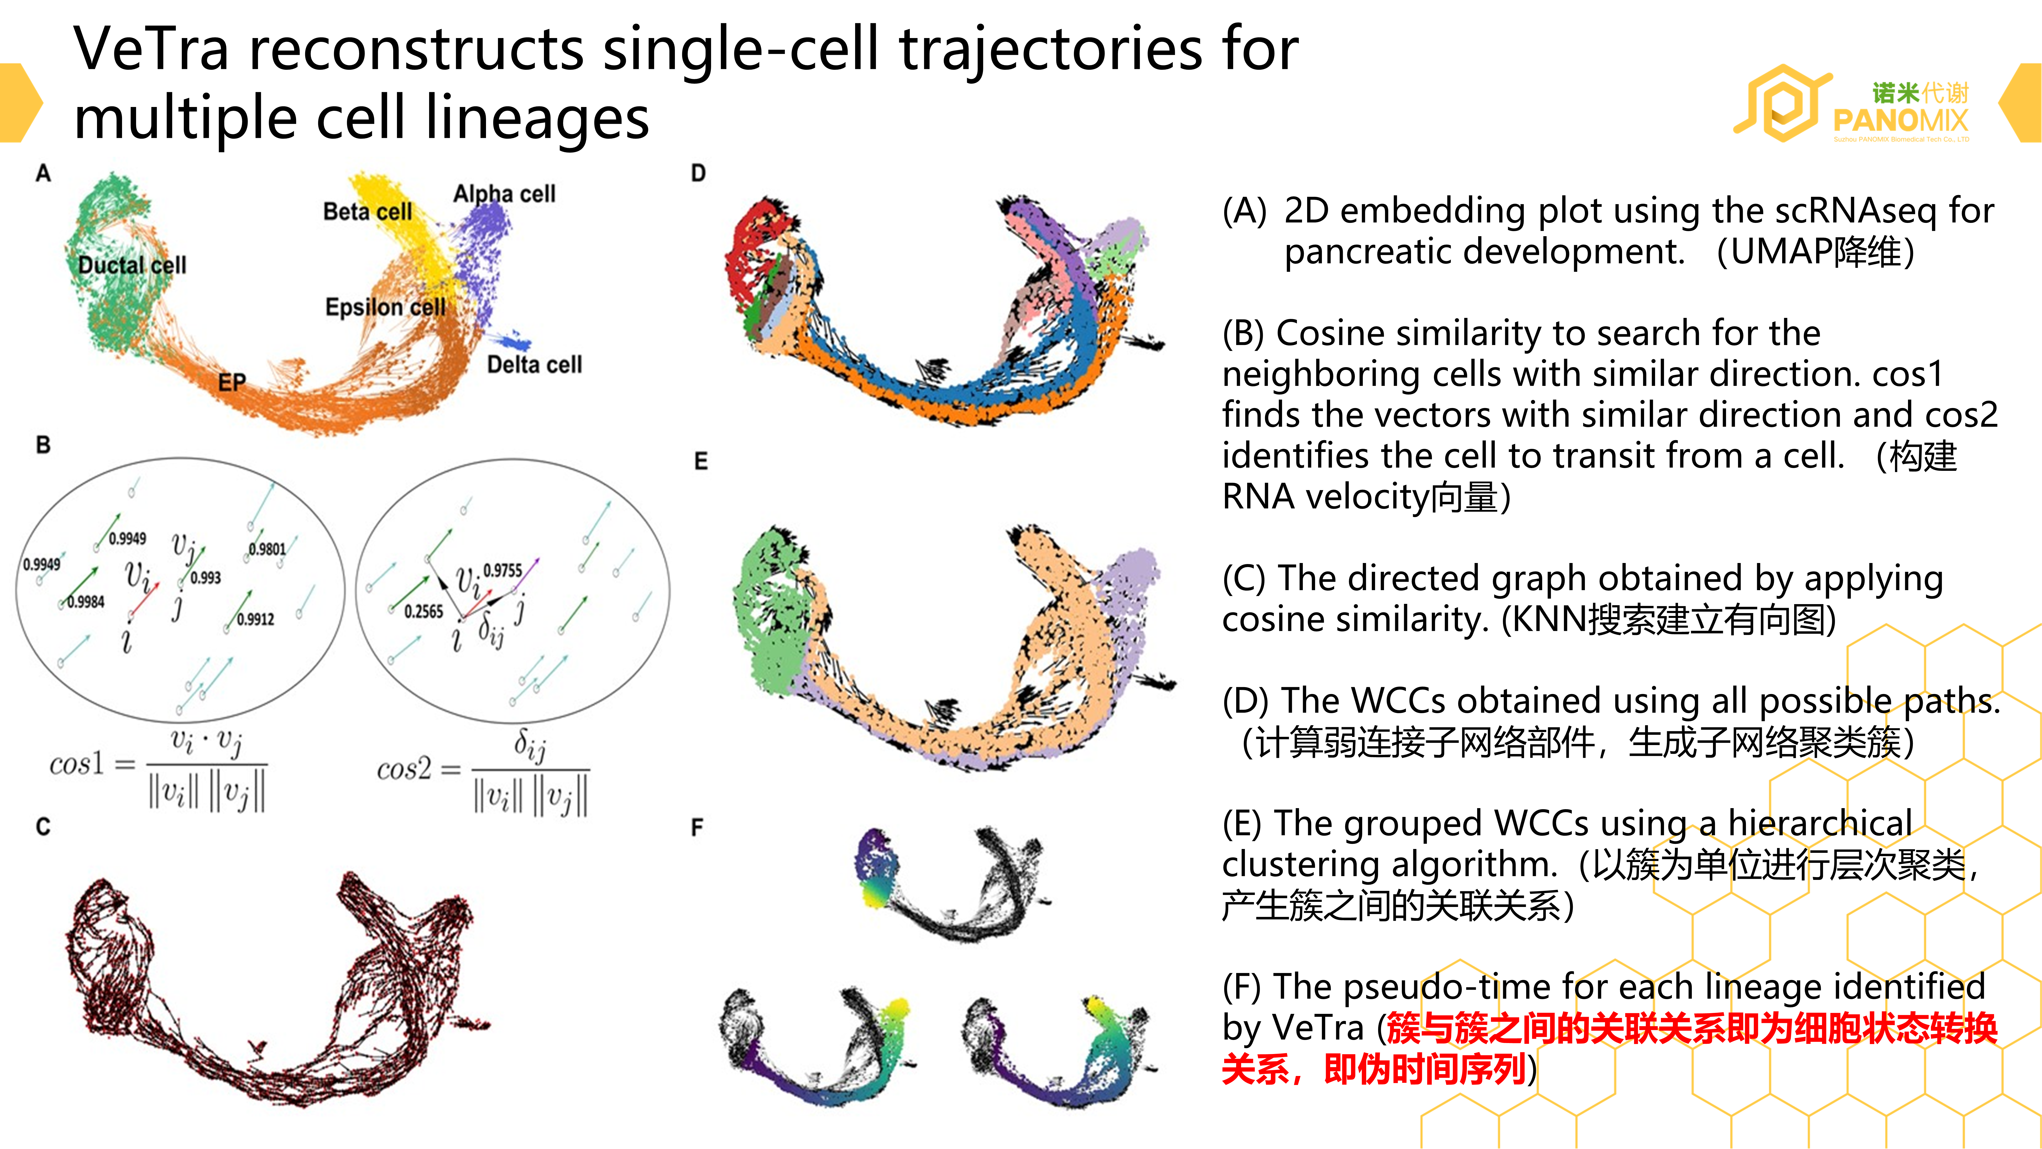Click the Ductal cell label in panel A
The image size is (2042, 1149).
(x=132, y=265)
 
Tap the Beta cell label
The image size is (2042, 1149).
(x=368, y=212)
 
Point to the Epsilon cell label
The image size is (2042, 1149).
(x=385, y=307)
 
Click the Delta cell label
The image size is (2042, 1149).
(x=534, y=365)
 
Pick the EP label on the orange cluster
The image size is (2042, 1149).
(x=232, y=382)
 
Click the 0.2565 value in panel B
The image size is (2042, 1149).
(x=423, y=611)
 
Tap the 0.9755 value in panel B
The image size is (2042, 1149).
(x=503, y=570)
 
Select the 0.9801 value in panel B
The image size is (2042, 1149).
(x=267, y=549)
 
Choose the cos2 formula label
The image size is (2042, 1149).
(x=404, y=768)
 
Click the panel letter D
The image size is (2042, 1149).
(x=698, y=174)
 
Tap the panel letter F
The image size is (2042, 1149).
(x=697, y=828)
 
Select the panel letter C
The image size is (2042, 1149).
(x=43, y=827)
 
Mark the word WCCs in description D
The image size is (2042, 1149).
(x=1404, y=701)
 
